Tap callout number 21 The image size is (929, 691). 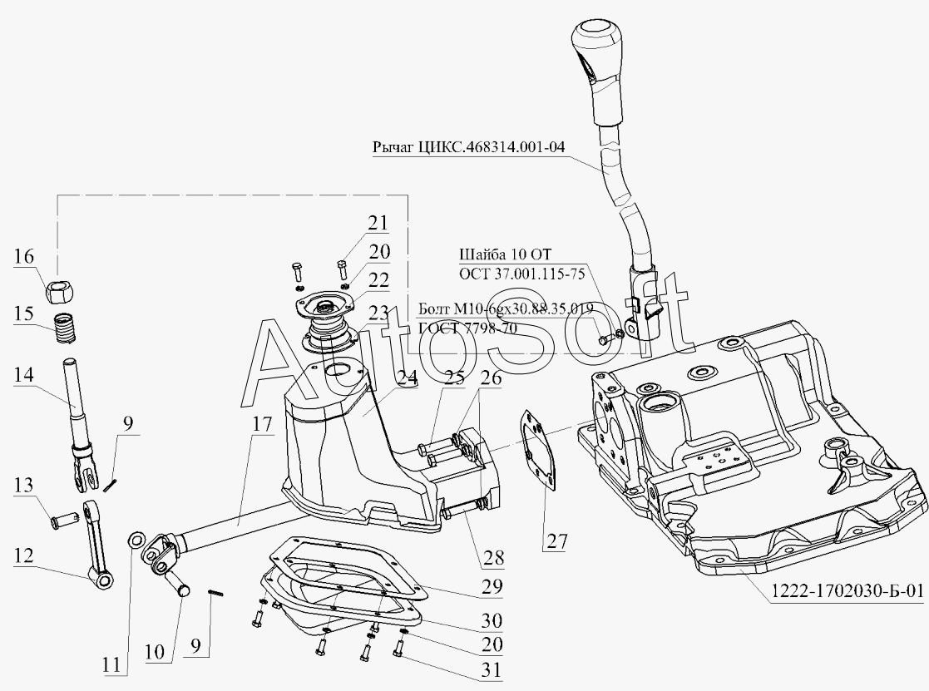click(378, 223)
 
